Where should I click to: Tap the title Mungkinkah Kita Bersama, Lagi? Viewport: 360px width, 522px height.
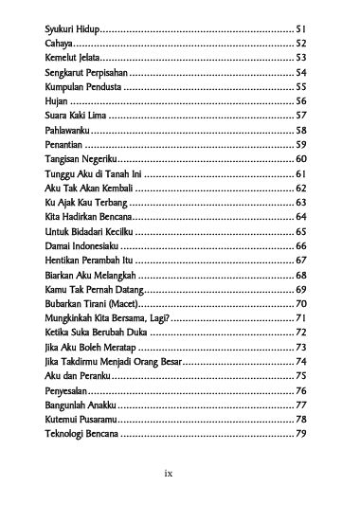tap(106, 318)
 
